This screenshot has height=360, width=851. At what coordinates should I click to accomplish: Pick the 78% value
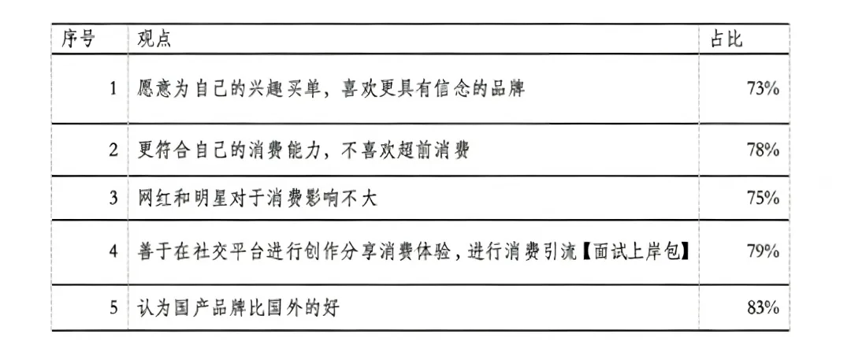point(762,150)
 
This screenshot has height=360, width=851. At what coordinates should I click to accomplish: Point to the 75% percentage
point(762,199)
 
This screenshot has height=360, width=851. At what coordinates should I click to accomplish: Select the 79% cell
point(762,252)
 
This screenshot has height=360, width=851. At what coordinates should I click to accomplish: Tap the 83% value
point(762,308)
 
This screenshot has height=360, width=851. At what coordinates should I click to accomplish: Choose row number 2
point(113,150)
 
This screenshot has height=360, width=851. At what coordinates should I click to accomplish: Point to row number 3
point(113,199)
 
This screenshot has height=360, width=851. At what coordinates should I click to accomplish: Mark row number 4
point(113,252)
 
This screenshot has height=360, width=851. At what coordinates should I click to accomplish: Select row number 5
point(113,308)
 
